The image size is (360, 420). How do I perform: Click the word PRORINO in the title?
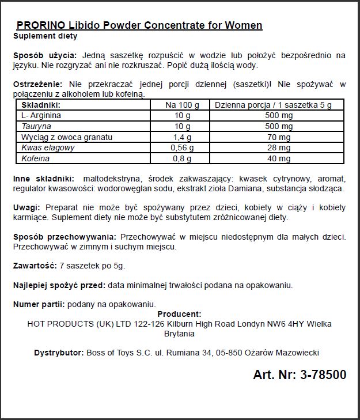(38, 25)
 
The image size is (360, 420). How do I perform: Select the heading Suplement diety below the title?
(45, 36)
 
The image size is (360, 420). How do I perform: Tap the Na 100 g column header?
(183, 105)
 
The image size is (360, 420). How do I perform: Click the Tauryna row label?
(36, 126)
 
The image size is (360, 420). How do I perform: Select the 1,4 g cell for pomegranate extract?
(183, 137)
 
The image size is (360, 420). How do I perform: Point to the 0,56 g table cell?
(183, 148)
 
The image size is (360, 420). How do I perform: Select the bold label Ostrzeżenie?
(36, 84)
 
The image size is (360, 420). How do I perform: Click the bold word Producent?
(179, 314)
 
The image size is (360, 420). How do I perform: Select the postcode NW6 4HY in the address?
(279, 324)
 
